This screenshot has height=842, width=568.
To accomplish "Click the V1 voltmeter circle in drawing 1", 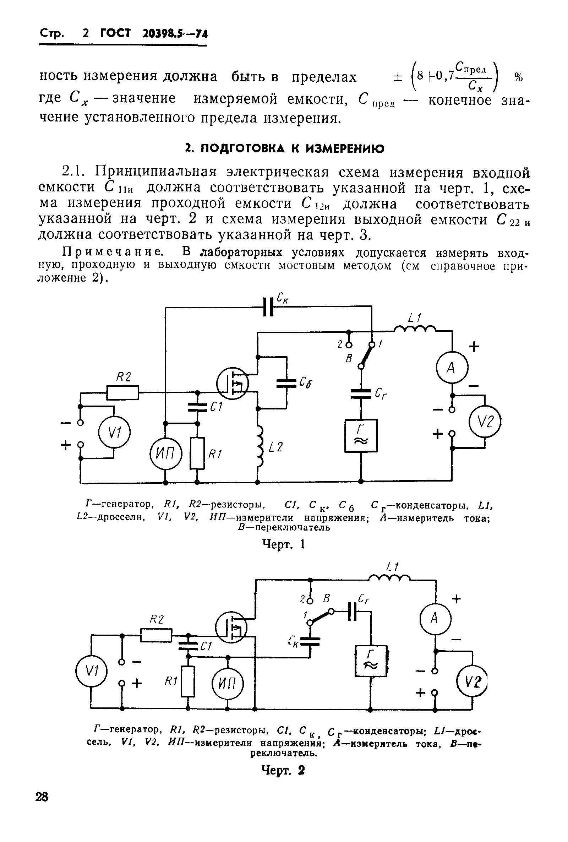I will pos(114,433).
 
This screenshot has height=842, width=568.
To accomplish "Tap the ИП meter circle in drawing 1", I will pos(165,453).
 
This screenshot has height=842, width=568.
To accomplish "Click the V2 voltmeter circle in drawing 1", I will pos(485,422).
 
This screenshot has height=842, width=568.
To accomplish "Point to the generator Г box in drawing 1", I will pos(361,435).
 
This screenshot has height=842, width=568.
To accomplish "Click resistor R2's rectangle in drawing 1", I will pos(123,392).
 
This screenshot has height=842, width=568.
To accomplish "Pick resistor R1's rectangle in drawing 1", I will pos(197,453).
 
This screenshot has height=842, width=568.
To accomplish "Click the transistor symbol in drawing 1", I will pos(233,383).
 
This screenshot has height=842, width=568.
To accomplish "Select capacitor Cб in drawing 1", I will pos(286,383).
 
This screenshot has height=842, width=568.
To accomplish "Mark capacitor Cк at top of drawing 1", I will pos(268,307).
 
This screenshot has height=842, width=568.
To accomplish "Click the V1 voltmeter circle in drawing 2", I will pos(92,671).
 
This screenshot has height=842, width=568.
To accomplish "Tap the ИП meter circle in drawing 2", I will pos(228,684).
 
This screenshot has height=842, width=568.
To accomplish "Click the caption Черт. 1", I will pos(284,544).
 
